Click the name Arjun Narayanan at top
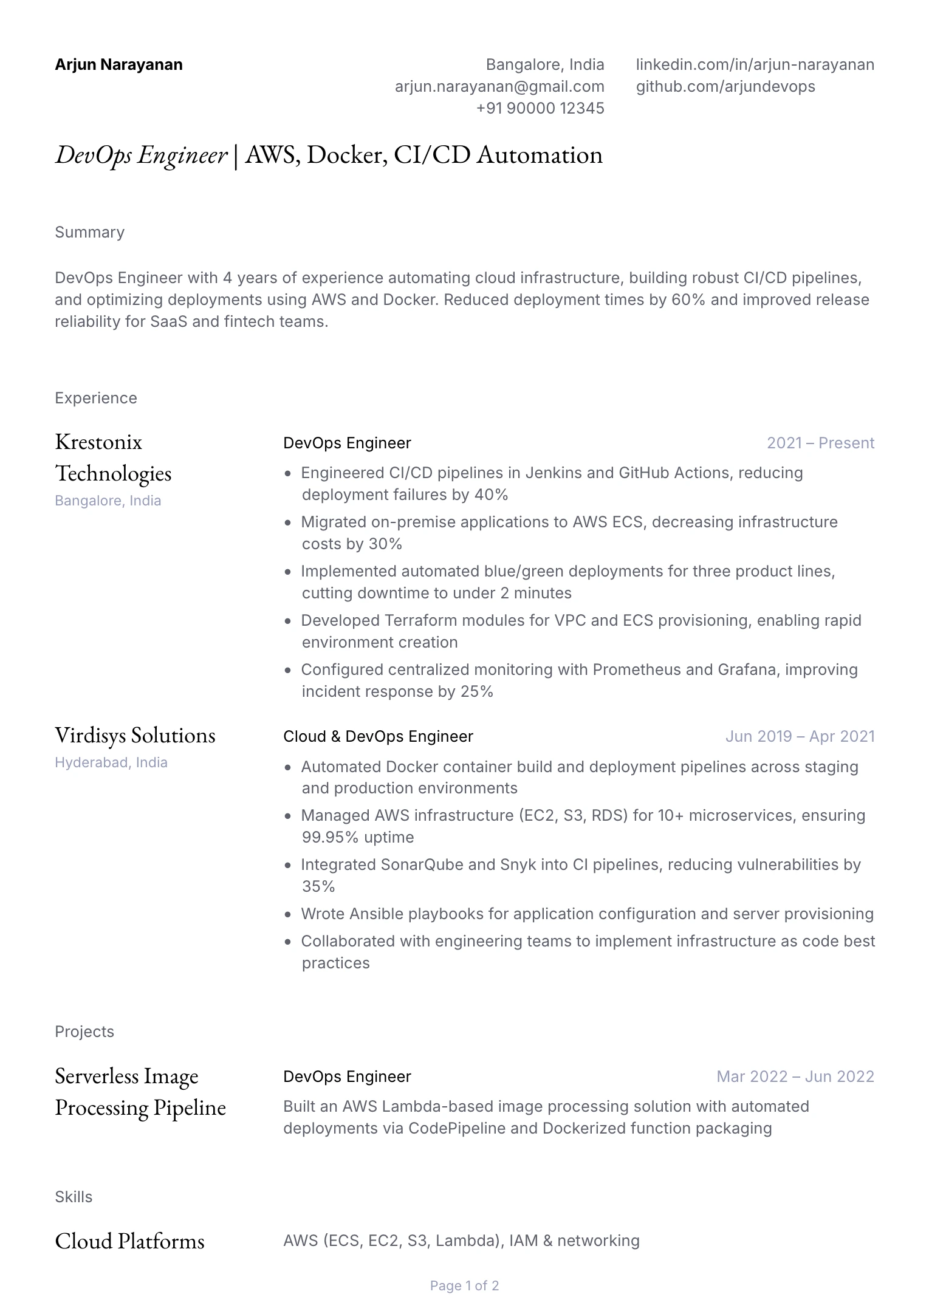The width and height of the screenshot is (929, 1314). point(118,64)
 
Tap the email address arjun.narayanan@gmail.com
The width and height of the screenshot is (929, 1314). point(499,86)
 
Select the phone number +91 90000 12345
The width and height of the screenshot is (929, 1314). point(540,108)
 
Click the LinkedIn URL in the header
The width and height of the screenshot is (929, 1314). point(755,64)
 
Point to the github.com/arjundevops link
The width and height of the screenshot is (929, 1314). point(725,86)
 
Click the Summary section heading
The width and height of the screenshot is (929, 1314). point(89,232)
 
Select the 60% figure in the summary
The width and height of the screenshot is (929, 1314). point(688,299)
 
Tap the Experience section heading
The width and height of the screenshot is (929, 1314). point(95,398)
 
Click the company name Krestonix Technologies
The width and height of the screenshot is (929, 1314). point(113,457)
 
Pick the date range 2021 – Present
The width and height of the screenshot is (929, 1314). point(820,443)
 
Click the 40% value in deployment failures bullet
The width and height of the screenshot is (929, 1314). point(491,494)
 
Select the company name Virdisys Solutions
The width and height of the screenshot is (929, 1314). point(135,735)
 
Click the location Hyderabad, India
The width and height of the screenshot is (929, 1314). point(111,762)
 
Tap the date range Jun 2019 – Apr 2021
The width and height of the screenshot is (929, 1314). point(800,736)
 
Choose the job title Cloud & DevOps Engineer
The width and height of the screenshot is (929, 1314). point(378,736)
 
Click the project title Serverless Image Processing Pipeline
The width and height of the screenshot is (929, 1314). point(140,1091)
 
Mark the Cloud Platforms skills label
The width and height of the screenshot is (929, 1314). point(129,1240)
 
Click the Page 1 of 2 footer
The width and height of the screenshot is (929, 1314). point(464,1285)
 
